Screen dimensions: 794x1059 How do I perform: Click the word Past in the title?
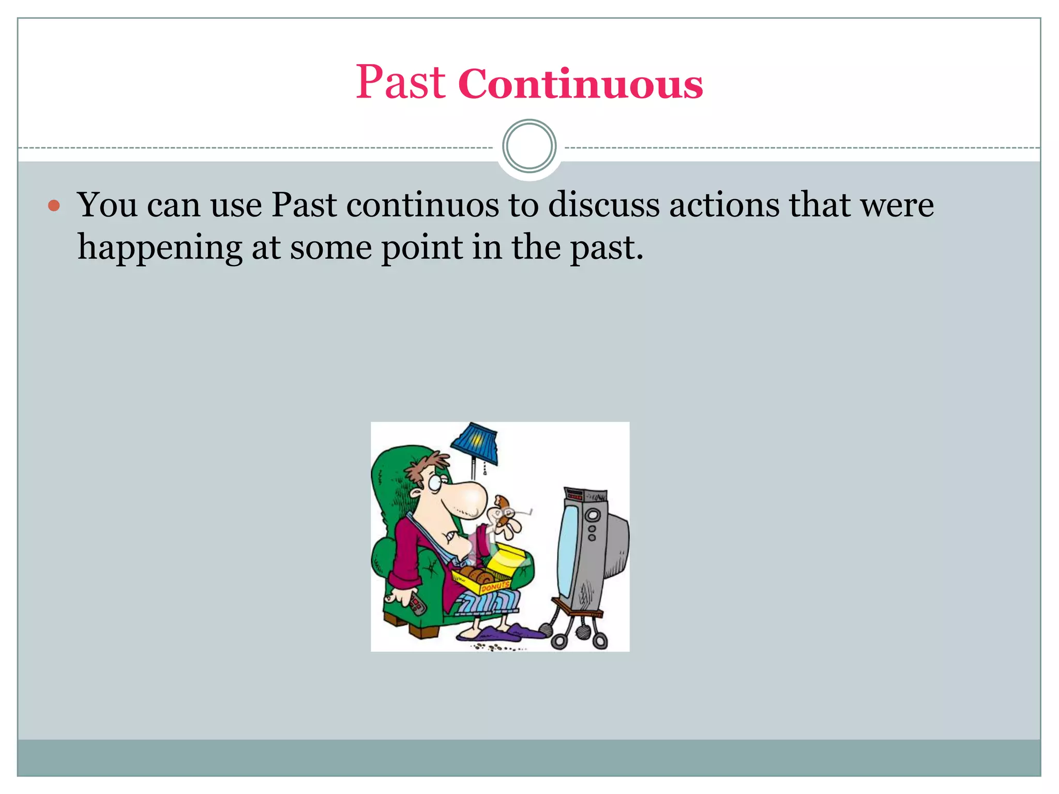[x=400, y=83]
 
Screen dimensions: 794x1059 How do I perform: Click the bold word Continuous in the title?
[x=580, y=84]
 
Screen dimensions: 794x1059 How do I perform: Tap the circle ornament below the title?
[x=529, y=146]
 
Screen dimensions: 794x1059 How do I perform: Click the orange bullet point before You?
[x=54, y=206]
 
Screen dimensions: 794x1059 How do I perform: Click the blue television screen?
[x=569, y=551]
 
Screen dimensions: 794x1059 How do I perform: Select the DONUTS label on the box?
[x=495, y=587]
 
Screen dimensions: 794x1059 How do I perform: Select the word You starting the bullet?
[x=108, y=205]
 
